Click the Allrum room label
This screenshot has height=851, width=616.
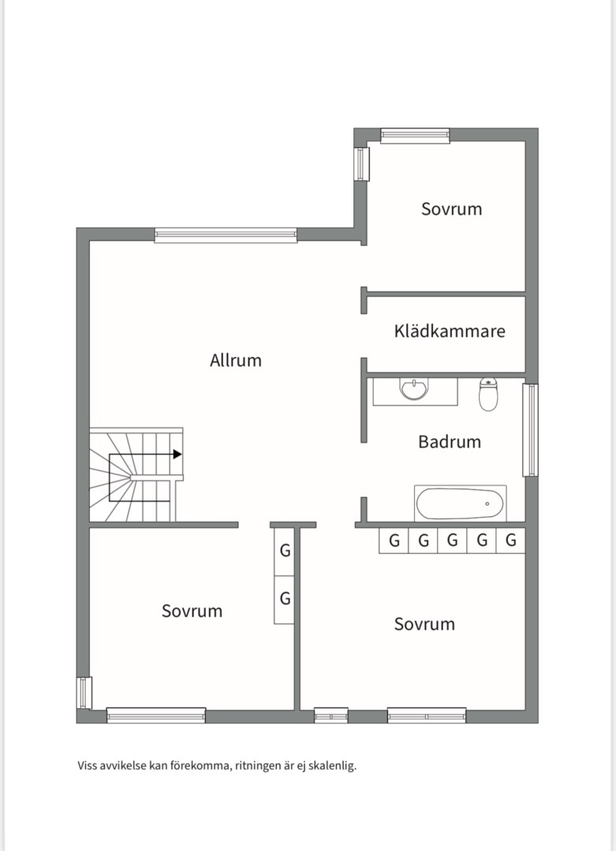tap(236, 360)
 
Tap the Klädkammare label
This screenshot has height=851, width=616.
tap(450, 331)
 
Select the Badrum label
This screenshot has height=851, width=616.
tap(450, 442)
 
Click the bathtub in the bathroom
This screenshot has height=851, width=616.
tap(461, 504)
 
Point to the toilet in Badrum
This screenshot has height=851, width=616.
tap(488, 394)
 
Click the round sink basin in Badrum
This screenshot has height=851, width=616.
tap(414, 389)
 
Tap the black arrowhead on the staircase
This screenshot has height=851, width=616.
tap(177, 455)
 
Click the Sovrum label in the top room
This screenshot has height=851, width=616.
tap(452, 210)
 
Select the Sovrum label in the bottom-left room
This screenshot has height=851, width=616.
tap(192, 611)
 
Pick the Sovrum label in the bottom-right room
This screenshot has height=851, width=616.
tap(425, 624)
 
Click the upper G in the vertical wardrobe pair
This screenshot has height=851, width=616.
tap(285, 552)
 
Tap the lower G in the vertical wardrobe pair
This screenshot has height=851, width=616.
tap(285, 599)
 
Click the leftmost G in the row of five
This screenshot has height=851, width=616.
tap(394, 541)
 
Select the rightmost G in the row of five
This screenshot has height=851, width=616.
tap(510, 541)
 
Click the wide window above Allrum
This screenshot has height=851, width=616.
tap(226, 235)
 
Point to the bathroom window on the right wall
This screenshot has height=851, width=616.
tap(530, 430)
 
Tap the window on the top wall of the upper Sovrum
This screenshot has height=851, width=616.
tap(415, 136)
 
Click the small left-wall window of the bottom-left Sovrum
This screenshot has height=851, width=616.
tap(84, 693)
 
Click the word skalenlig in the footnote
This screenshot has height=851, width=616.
tap(332, 767)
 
